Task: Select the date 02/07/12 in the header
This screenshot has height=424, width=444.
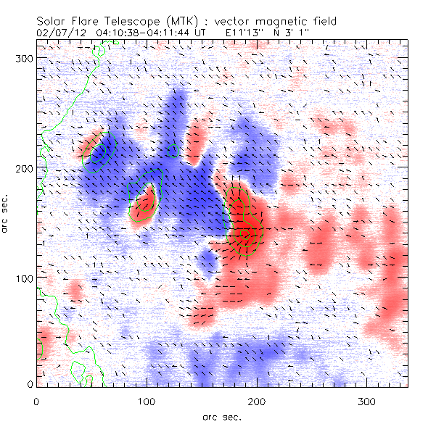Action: tap(59, 33)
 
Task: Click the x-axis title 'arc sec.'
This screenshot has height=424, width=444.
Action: tap(221, 417)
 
